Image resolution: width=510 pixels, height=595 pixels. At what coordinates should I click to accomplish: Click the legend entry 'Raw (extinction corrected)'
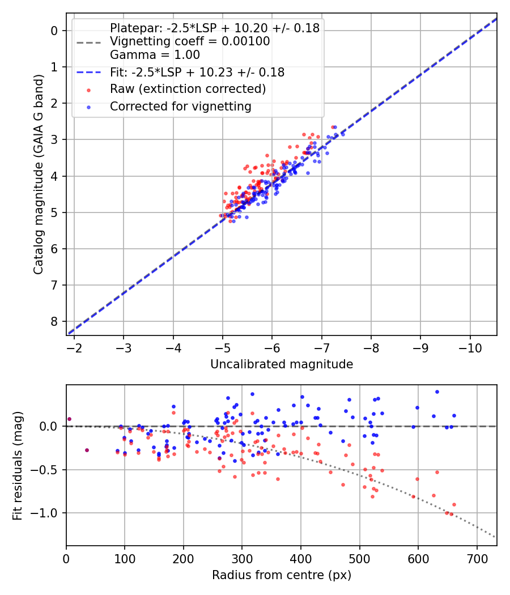pyautogui.click(x=188, y=89)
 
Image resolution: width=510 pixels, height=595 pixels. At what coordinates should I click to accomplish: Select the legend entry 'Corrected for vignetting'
pyautogui.click(x=180, y=106)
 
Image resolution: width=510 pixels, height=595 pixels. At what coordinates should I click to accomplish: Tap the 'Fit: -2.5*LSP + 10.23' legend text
pyautogui.click(x=197, y=73)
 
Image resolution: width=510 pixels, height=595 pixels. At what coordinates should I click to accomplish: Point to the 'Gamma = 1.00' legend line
pyautogui.click(x=155, y=55)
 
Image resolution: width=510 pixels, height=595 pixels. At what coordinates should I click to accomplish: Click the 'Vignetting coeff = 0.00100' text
pyautogui.click(x=190, y=41)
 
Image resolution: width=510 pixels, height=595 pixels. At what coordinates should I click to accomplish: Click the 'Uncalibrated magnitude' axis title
pyautogui.click(x=282, y=364)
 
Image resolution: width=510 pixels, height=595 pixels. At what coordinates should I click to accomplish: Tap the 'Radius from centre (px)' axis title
pyautogui.click(x=282, y=575)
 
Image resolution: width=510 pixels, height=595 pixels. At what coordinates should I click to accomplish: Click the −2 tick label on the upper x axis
pyautogui.click(x=74, y=347)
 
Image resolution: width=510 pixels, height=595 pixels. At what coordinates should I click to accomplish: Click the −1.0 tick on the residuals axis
pyautogui.click(x=49, y=513)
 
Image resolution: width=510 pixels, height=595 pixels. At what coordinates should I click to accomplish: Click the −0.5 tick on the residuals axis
pyautogui.click(x=49, y=470)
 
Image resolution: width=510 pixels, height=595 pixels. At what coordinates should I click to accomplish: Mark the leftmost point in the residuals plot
pyautogui.click(x=69, y=419)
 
